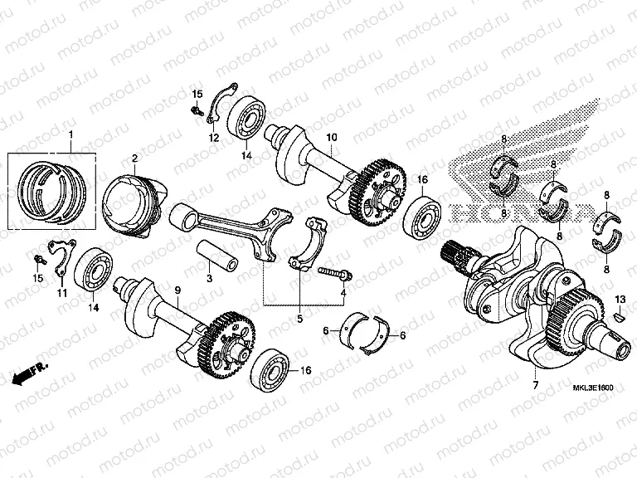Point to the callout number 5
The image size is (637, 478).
[300, 318]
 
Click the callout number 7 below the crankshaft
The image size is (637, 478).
[535, 384]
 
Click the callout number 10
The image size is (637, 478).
[331, 136]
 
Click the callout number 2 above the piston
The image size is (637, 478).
[134, 157]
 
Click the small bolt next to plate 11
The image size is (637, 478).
[40, 260]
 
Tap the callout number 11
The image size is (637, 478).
[61, 292]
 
